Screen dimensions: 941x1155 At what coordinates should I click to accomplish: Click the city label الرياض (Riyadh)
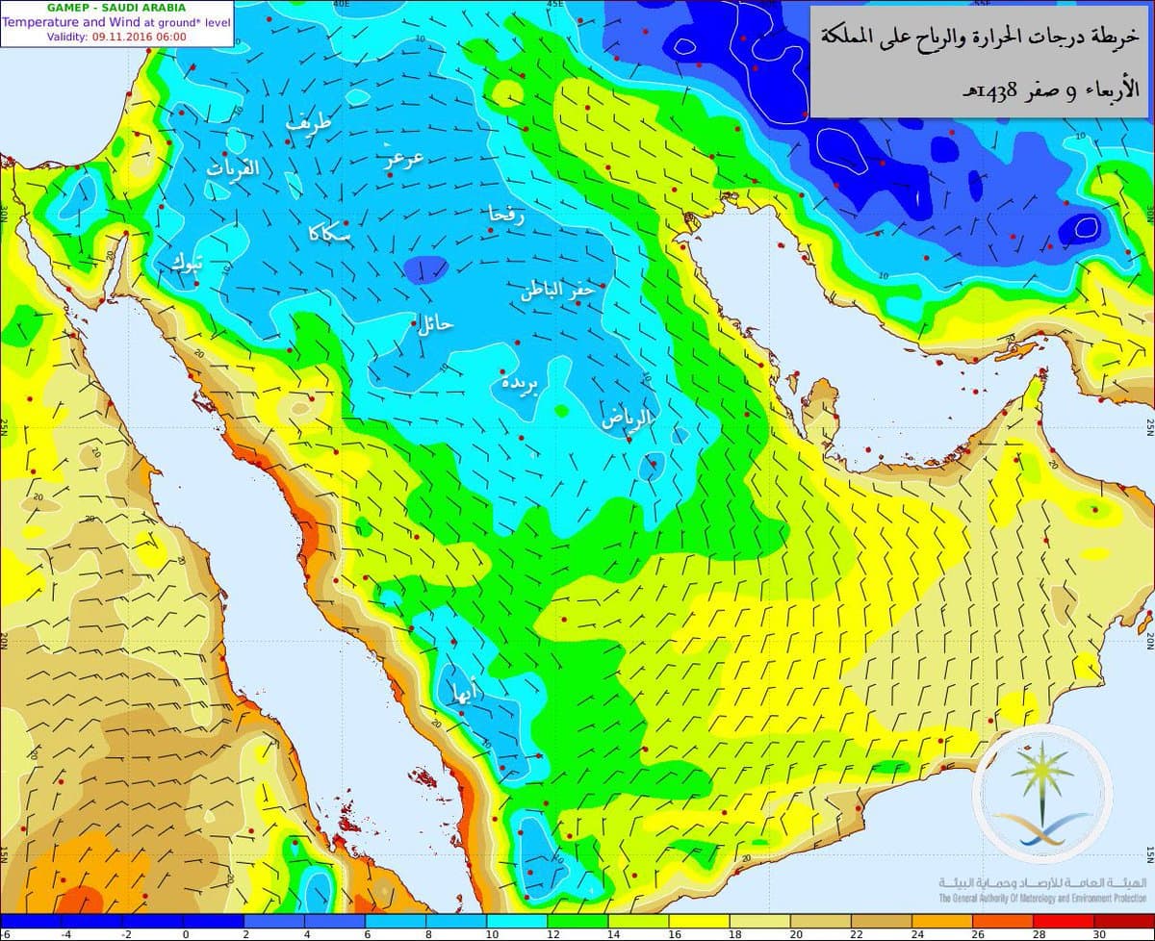click(628, 419)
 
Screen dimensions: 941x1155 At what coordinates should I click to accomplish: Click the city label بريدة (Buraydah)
click(520, 383)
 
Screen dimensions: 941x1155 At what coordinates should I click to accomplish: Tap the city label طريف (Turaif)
click(310, 123)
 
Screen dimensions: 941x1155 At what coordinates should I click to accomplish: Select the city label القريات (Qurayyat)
click(234, 168)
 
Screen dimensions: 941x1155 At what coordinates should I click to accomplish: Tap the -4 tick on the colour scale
click(65, 933)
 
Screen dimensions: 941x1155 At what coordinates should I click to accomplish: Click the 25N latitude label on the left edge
click(6, 422)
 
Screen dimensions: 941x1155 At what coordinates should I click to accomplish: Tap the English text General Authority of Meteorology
click(1040, 899)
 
